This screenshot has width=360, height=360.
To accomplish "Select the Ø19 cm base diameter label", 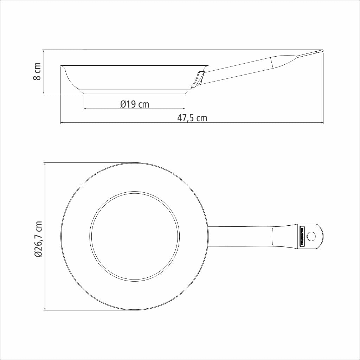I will click(x=134, y=104).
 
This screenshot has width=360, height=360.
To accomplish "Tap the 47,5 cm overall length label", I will click(x=192, y=118).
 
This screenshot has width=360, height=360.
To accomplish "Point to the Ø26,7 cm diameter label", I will click(x=38, y=239).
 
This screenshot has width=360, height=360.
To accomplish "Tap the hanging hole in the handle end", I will click(x=311, y=236).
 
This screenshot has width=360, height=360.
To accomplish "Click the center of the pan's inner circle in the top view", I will click(x=134, y=236).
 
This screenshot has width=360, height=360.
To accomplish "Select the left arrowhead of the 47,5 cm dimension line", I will click(x=62, y=123).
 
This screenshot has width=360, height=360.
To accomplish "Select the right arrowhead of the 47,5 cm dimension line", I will click(x=322, y=123).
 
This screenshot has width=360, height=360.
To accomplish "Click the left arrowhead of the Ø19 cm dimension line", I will click(x=85, y=109).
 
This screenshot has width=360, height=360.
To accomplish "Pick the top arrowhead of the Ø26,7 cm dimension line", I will click(x=45, y=164).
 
